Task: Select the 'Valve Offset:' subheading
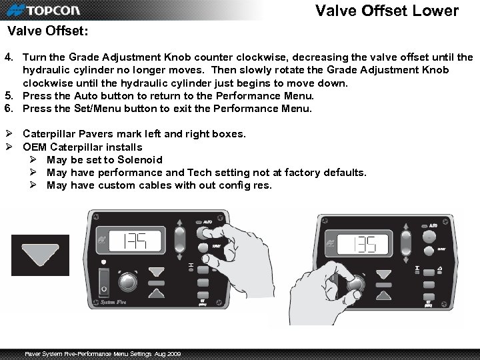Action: tap(47, 31)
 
